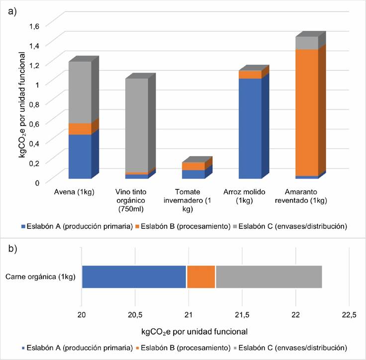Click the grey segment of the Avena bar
(x=80, y=92)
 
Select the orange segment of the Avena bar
(x=80, y=129)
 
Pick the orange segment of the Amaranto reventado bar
(x=307, y=112)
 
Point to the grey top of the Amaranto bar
(x=307, y=43)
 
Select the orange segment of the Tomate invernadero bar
(x=193, y=166)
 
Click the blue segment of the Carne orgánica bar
(x=134, y=276)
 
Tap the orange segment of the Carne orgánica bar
(x=201, y=276)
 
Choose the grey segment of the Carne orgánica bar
(x=269, y=276)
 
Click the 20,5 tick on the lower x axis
(x=135, y=315)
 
